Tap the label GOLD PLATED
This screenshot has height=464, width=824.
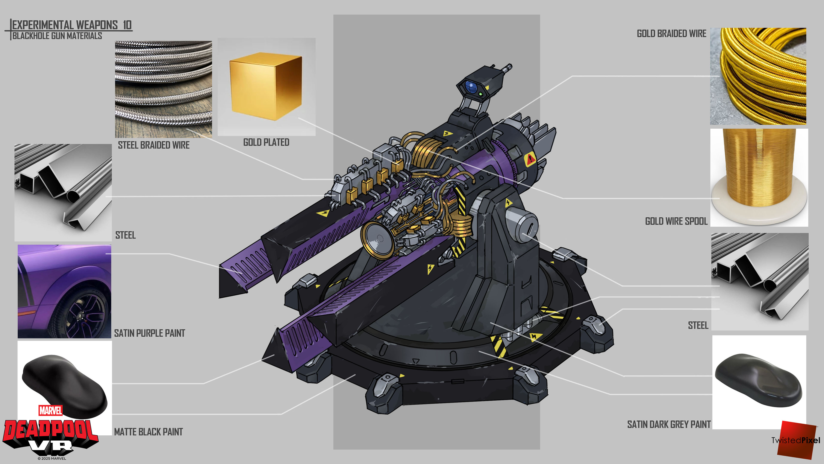pyautogui.click(x=266, y=142)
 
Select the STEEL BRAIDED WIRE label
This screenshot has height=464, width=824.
pyautogui.click(x=154, y=145)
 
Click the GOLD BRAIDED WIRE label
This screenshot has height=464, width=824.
pyautogui.click(x=671, y=34)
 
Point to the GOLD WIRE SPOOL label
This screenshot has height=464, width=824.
pyautogui.click(x=676, y=221)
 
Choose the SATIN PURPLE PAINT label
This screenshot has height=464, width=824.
pyautogui.click(x=149, y=333)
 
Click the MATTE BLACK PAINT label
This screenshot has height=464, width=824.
pyautogui.click(x=148, y=432)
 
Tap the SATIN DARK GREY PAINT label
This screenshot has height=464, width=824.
pyautogui.click(x=669, y=425)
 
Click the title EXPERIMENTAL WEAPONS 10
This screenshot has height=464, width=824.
pyautogui.click(x=72, y=25)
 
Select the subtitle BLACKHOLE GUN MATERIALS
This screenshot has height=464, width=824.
pyautogui.click(x=57, y=36)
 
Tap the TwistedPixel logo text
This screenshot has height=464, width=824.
pyautogui.click(x=795, y=440)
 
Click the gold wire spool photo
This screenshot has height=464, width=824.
pyautogui.click(x=759, y=178)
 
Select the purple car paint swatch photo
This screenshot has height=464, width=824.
pyautogui.click(x=64, y=292)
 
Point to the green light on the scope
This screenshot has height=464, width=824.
pyautogui.click(x=481, y=94)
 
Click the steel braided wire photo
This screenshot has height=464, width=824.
pyautogui.click(x=163, y=89)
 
